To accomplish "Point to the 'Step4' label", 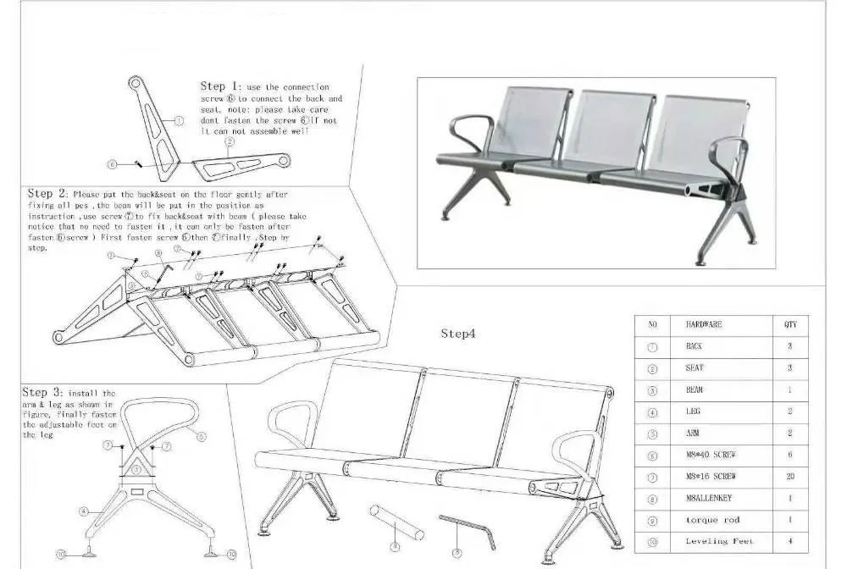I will tap(458, 334).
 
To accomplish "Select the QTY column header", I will tap(789, 324).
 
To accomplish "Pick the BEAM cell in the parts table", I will tap(694, 389).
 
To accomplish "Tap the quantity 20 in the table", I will tap(789, 477).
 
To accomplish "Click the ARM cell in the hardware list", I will tap(692, 433).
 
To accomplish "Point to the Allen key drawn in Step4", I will tap(465, 526).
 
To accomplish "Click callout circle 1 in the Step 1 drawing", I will tap(179, 121).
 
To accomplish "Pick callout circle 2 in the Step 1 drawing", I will tap(229, 142).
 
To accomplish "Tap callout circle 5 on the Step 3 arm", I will tap(202, 437).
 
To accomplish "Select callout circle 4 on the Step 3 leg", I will tap(84, 511).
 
